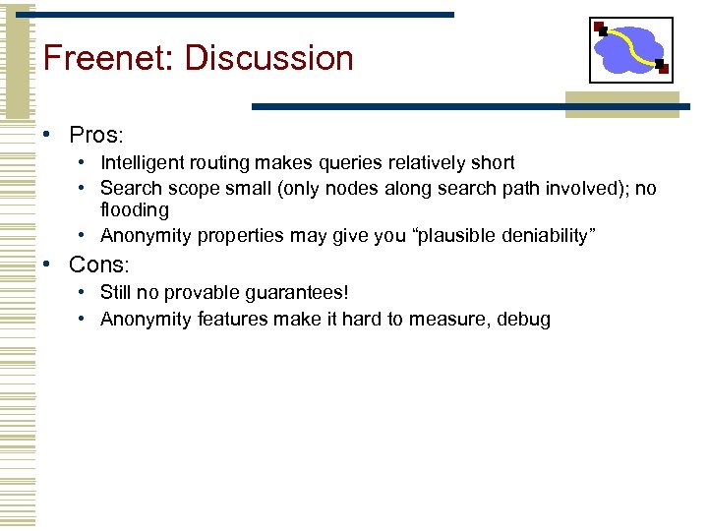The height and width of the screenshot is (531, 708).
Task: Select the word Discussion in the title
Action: [268, 58]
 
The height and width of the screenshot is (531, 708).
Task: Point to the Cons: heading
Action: [99, 265]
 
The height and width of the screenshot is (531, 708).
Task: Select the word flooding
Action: [135, 209]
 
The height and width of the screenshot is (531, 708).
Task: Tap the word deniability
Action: [546, 235]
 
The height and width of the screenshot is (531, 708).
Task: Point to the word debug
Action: [525, 319]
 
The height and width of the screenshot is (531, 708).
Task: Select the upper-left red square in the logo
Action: [600, 28]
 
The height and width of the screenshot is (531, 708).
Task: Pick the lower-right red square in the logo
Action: [663, 70]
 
